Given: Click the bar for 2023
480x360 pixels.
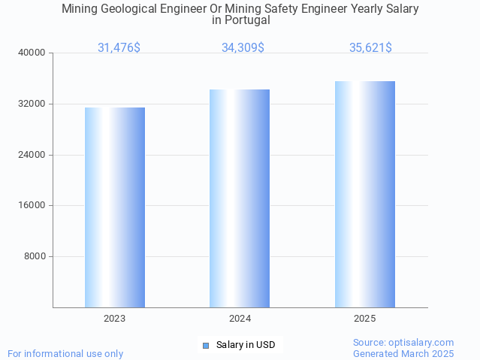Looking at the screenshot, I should [115, 207].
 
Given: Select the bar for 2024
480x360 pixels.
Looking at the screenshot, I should [240, 198].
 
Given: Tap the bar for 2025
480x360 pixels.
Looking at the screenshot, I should [365, 194].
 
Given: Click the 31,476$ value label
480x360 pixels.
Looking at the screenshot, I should [119, 47].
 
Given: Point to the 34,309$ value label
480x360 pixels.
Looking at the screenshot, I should [243, 47].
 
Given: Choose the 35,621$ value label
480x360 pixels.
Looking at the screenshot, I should [370, 47].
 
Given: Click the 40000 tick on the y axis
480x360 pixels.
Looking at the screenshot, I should [32, 53].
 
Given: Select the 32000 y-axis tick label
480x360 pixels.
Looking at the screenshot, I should [32, 104].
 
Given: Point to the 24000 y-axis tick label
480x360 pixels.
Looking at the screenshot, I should [32, 155].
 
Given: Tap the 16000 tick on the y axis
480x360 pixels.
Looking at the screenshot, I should [32, 205].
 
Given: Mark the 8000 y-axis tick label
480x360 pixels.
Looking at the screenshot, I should [35, 256].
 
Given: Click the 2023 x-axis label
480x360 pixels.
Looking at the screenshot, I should [115, 319].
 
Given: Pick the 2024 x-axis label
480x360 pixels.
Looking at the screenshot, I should [240, 319].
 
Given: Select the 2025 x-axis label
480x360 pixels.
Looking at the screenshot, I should [365, 319].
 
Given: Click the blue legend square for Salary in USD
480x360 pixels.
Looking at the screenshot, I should [205, 346].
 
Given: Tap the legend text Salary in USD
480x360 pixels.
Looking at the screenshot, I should [246, 346].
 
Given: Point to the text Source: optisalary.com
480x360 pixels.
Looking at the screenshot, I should [403, 343].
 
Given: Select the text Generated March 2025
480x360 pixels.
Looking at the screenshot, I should [403, 353].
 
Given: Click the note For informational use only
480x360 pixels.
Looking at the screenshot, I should [65, 353].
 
